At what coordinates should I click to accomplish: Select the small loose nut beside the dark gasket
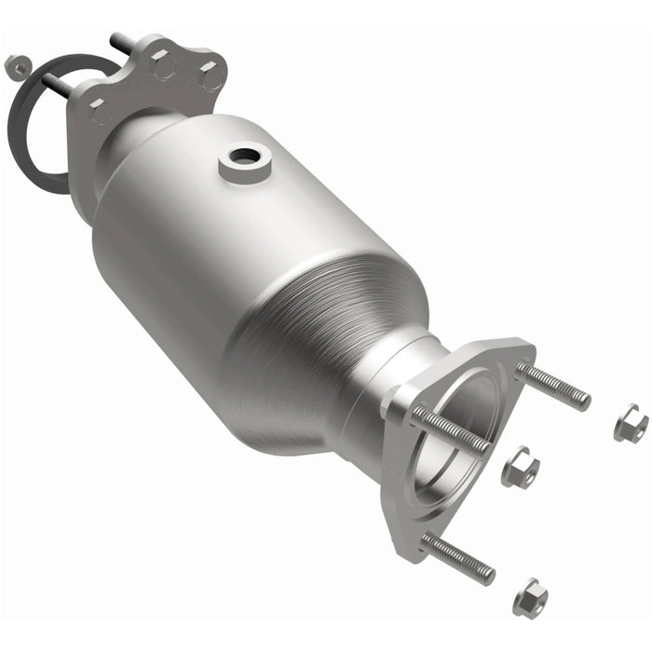coord(16,65)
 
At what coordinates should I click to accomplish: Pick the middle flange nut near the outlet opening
coord(519,466)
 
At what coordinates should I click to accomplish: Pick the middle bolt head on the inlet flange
coord(164,65)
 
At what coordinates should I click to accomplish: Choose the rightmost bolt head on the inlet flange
coord(211,74)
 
